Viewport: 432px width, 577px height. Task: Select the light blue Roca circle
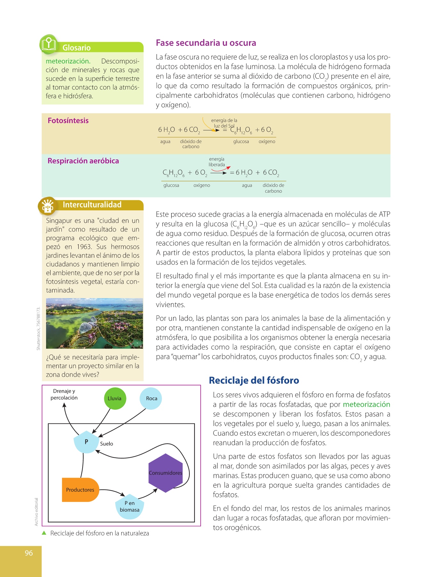pos(151,398)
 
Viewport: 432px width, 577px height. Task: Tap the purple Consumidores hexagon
pos(165,473)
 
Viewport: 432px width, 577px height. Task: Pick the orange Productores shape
pos(80,490)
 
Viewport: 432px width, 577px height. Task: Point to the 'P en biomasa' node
pos(130,506)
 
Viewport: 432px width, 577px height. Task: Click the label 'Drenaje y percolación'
pos(64,394)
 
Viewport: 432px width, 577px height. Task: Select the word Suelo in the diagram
pos(107,444)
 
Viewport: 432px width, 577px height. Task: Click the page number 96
pos(29,553)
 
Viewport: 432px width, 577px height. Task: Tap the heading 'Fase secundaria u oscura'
pos(206,43)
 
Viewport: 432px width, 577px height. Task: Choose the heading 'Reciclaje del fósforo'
pos(254,380)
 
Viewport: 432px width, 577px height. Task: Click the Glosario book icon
pos(49,44)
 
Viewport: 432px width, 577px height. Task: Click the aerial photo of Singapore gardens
pos(94,323)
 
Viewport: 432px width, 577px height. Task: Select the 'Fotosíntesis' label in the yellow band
pos(68,121)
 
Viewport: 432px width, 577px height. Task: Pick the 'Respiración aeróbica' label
pos(83,161)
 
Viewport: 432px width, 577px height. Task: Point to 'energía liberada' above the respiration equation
pos(217,162)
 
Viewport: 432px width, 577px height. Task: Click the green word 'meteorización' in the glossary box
pos(68,61)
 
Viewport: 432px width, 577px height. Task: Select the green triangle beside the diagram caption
pos(44,533)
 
